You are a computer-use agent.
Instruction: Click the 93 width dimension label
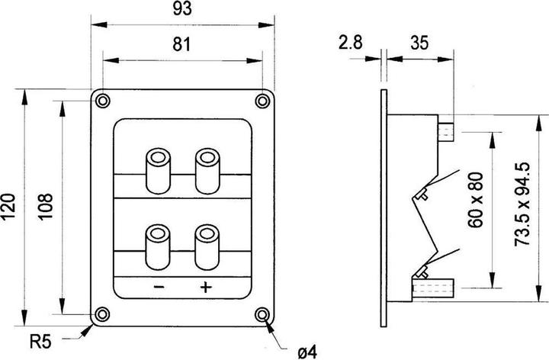coord(182,8)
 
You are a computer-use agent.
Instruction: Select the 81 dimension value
coord(181,44)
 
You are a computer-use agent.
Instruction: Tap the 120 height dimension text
coord(8,207)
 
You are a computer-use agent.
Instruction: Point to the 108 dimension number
coord(45,207)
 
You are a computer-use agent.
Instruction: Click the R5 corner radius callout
coord(40,342)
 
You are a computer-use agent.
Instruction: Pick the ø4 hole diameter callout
coord(307,352)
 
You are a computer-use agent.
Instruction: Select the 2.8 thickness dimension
coord(351,43)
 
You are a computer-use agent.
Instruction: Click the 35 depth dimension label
coord(419,43)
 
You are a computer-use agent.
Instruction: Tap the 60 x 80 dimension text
coord(476,200)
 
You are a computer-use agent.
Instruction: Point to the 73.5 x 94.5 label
coord(522,204)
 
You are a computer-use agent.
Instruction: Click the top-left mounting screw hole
coord(103,101)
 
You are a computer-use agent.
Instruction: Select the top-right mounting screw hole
coord(262,101)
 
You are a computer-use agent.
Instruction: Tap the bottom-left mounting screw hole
coord(102,314)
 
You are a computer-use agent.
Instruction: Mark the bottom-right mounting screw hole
coord(262,314)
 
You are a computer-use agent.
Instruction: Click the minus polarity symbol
coord(159,287)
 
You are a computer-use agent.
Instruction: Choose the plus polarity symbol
coord(206,287)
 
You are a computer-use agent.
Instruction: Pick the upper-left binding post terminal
coord(159,172)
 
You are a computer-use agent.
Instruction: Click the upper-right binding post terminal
coord(207,172)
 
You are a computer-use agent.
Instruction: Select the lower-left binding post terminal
coord(158,247)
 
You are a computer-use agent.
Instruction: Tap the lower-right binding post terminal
coord(207,247)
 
